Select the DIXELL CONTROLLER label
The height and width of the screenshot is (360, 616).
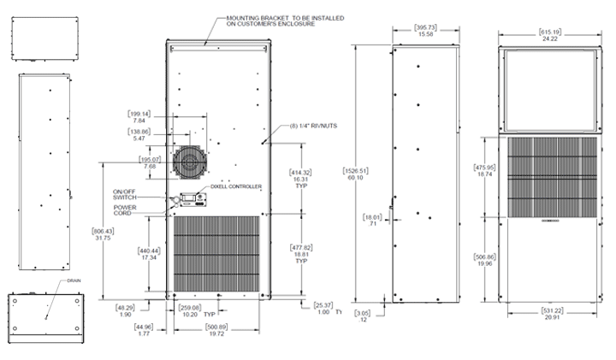[x=235, y=186]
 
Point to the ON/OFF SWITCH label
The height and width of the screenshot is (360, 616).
[x=124, y=194]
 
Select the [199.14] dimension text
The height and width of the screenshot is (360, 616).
[x=139, y=114]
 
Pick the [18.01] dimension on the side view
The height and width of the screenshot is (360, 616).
[x=371, y=218]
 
